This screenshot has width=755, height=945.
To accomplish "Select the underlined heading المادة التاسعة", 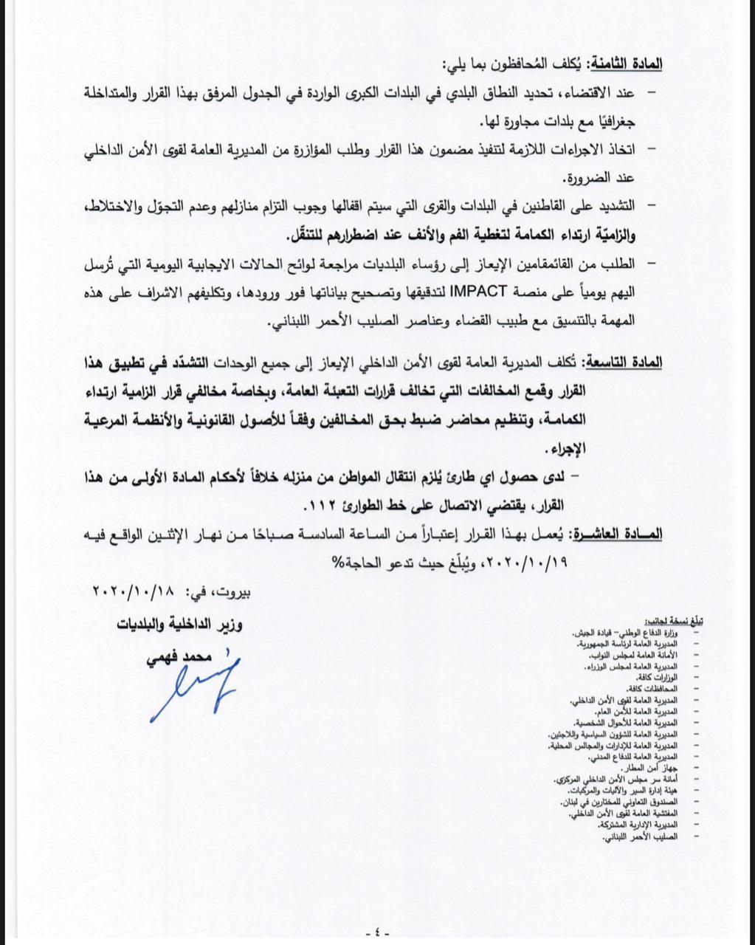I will (624, 364).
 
